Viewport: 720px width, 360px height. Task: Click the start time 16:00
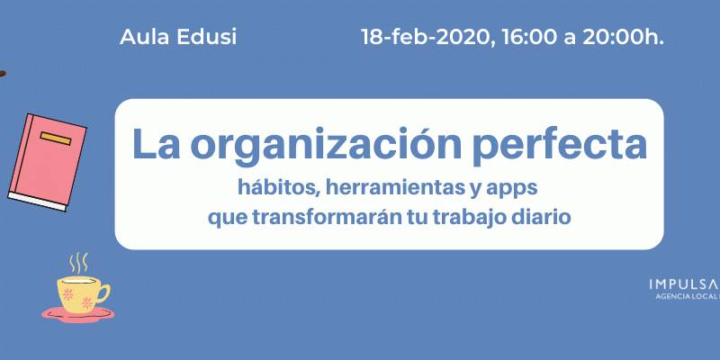tap(530, 37)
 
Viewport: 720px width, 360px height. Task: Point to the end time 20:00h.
tap(623, 37)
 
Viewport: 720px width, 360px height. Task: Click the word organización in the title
tap(326, 146)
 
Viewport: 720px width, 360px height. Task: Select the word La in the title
tap(155, 144)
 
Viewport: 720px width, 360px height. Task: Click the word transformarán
tap(327, 217)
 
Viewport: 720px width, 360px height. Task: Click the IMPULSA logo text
tap(683, 284)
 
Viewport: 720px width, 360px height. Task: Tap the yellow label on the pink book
tap(56, 139)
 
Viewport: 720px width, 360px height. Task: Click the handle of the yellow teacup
tap(103, 292)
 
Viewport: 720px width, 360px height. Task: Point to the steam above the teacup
tap(78, 263)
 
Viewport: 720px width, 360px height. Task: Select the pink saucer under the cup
tap(78, 314)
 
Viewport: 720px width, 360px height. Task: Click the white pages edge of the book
tap(37, 202)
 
